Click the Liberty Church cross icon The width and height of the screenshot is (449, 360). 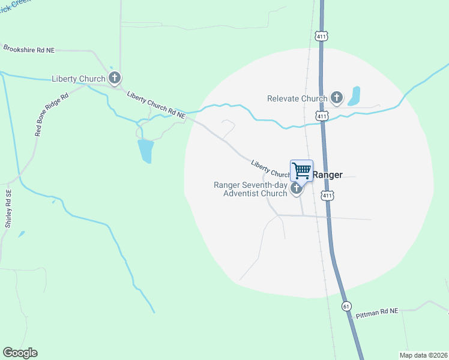pyautogui.click(x=115, y=78)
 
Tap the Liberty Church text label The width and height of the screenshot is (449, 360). pyautogui.click(x=79, y=79)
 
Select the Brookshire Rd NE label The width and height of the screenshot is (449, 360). pyautogui.click(x=29, y=49)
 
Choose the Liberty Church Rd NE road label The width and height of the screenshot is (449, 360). pyautogui.click(x=156, y=103)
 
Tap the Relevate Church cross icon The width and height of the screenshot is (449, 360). pyautogui.click(x=336, y=98)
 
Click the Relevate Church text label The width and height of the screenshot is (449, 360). pyautogui.click(x=297, y=98)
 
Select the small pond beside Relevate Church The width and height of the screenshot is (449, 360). pyautogui.click(x=354, y=96)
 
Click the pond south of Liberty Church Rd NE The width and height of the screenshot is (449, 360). pyautogui.click(x=146, y=151)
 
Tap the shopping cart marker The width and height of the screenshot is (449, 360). pyautogui.click(x=301, y=170)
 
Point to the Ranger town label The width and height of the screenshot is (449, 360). pyautogui.click(x=328, y=175)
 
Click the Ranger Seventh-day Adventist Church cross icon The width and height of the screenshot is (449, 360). pyautogui.click(x=296, y=189)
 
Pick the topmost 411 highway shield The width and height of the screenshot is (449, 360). pyautogui.click(x=323, y=37)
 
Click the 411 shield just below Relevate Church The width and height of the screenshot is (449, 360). pyautogui.click(x=322, y=115)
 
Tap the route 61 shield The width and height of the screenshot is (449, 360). pyautogui.click(x=346, y=306)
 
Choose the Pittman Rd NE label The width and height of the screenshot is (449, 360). pyautogui.click(x=377, y=312)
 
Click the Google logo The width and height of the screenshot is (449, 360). pyautogui.click(x=20, y=353)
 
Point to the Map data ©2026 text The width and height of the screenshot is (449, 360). pyautogui.click(x=423, y=355)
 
